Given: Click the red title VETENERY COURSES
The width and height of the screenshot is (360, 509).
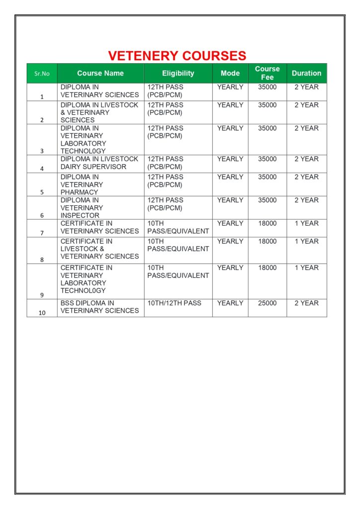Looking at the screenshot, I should (x=177, y=55).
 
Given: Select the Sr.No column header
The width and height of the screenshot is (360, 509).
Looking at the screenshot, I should (x=42, y=74).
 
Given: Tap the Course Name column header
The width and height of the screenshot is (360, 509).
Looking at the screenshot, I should (x=100, y=73).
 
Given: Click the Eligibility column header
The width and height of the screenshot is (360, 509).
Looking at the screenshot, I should (x=178, y=73).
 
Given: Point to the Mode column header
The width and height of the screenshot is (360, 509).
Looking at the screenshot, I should (x=230, y=73).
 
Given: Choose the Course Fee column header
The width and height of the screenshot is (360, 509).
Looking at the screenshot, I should (x=268, y=73).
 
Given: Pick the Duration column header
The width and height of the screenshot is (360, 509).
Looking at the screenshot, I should (x=306, y=73).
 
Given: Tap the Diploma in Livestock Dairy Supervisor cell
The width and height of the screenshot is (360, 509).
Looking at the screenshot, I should (x=99, y=163).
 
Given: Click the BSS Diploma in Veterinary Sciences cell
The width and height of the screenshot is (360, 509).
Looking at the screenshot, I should (x=99, y=307).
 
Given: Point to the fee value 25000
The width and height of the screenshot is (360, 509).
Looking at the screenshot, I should (x=268, y=303).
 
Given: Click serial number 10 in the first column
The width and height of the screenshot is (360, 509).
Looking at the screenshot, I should (x=42, y=313).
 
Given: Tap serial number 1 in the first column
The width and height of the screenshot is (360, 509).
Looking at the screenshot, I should (x=42, y=97).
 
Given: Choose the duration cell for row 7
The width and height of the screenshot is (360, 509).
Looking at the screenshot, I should (x=306, y=224).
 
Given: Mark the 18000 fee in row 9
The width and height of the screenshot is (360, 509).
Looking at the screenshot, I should (x=268, y=268).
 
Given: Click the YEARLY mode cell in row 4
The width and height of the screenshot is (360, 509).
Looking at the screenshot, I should (x=230, y=159).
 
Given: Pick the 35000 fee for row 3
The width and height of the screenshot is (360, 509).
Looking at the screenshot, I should (x=268, y=128).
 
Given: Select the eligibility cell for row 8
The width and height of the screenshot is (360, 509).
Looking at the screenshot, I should (x=178, y=245).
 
